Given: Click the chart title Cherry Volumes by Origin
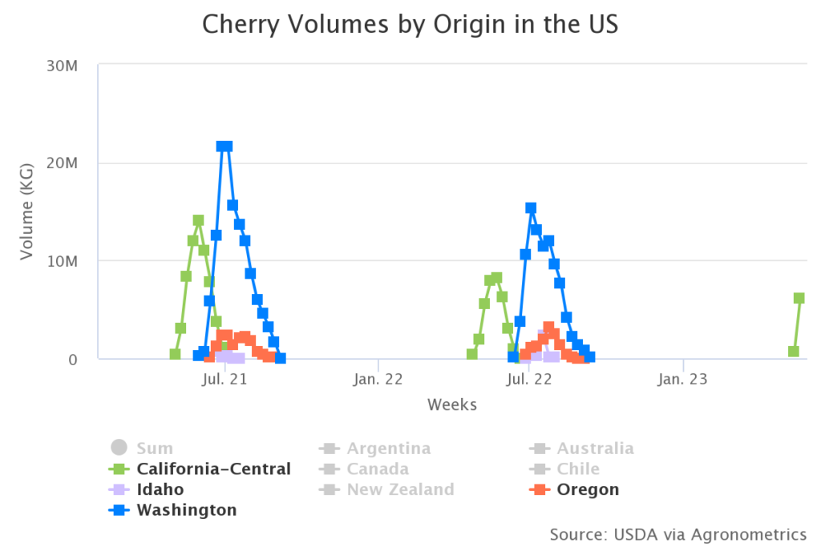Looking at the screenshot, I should (410, 24).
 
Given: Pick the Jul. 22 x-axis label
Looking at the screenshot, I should (530, 379).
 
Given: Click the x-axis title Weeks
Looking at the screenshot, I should (452, 404).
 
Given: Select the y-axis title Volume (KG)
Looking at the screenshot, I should (27, 212).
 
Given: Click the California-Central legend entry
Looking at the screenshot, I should (213, 469).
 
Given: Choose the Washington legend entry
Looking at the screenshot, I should (187, 510).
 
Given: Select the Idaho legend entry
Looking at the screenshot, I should (160, 489).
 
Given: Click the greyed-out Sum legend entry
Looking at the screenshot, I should (154, 448).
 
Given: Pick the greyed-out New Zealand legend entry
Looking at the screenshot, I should (399, 489).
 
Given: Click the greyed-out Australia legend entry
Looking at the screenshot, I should (595, 448).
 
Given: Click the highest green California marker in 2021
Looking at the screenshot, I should (198, 220).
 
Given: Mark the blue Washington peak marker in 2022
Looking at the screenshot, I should (531, 208).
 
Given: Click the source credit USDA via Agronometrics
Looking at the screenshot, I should (677, 533).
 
